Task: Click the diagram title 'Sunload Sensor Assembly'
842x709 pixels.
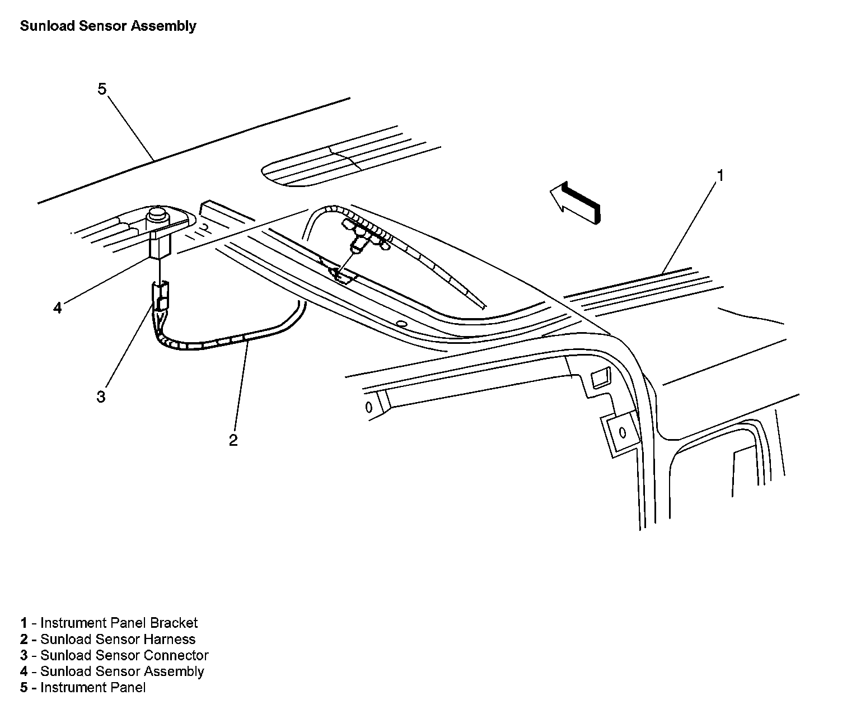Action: (x=108, y=26)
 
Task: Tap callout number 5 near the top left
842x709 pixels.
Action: (x=102, y=89)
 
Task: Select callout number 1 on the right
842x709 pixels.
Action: (x=721, y=176)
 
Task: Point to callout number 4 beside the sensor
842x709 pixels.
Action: (x=58, y=307)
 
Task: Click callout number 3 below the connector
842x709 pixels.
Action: (x=101, y=397)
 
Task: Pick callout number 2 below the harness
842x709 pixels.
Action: (x=233, y=440)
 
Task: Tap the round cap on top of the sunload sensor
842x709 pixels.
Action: (x=157, y=215)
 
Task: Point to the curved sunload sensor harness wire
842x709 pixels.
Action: (x=224, y=340)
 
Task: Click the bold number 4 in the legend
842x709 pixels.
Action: (x=24, y=671)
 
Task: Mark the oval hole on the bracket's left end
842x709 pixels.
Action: (x=369, y=407)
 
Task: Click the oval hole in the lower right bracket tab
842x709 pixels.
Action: (x=622, y=432)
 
